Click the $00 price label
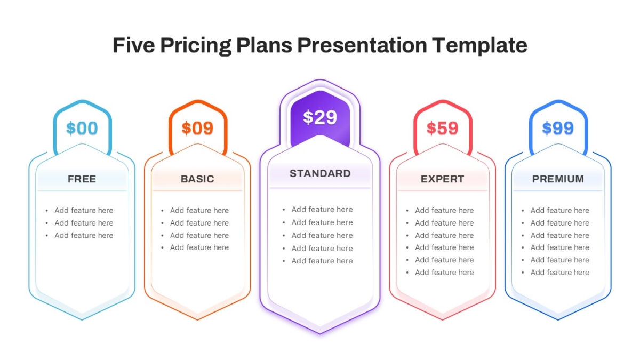[x=82, y=128]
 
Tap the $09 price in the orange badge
[x=197, y=128]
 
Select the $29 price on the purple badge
[x=320, y=117]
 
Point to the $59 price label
[x=442, y=128]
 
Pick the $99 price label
[x=558, y=128]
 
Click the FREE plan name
[x=82, y=179]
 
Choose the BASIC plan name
[x=197, y=179]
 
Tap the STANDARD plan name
[x=320, y=174]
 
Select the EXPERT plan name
[x=442, y=179]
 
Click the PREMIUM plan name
[x=558, y=179]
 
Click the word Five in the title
[x=134, y=45]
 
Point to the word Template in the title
[x=479, y=46]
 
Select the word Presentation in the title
[x=362, y=45]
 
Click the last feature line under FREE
[x=84, y=235]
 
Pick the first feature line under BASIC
[x=199, y=211]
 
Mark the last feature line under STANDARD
[x=322, y=261]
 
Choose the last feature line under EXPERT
[x=444, y=273]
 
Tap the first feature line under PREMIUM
[x=559, y=211]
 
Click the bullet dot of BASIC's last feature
[x=162, y=247]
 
